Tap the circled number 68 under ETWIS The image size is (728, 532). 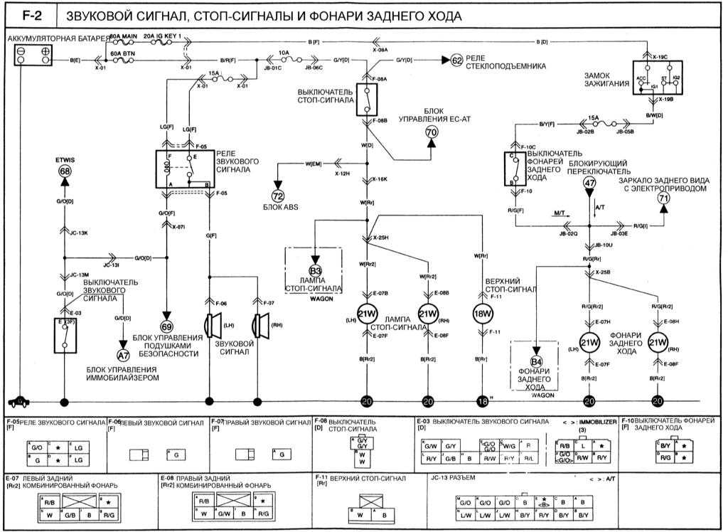[65, 171]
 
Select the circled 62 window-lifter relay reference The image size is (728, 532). [456, 60]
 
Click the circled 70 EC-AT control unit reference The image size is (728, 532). [432, 132]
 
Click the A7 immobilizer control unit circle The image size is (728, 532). [124, 353]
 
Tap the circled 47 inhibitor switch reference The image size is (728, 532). [589, 183]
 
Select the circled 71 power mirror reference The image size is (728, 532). [664, 200]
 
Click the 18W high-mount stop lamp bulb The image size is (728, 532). [483, 313]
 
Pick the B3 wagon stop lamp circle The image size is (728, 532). [314, 270]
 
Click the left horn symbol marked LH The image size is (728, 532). [211, 325]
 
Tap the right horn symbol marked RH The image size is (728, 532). [259, 325]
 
